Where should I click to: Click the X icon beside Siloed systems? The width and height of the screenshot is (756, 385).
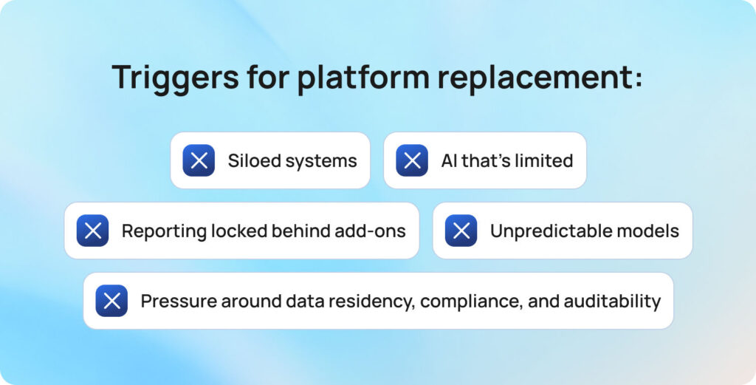(199, 160)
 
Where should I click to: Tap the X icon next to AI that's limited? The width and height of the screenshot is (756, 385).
(412, 160)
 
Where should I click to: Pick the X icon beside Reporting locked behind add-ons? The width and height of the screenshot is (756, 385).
(93, 231)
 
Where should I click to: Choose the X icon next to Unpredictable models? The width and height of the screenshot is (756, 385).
(461, 231)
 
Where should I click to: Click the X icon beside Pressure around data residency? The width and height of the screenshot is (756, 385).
(111, 301)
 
